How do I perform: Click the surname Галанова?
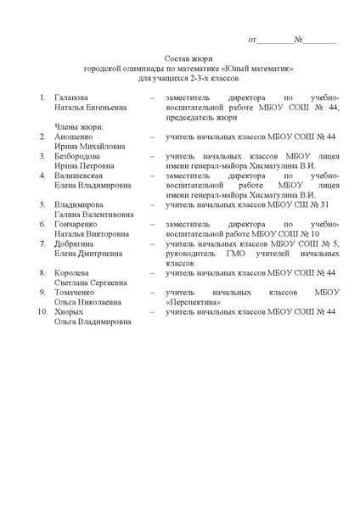73,98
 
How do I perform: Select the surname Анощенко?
75,137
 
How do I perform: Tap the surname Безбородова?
80,156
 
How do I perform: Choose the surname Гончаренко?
77,224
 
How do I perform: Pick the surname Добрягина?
76,243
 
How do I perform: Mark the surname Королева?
73,272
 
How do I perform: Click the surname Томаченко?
76,292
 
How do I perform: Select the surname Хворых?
69,311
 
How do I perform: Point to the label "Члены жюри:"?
79,126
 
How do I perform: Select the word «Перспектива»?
194,301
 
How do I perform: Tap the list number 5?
43,204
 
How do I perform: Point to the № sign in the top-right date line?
299,40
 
